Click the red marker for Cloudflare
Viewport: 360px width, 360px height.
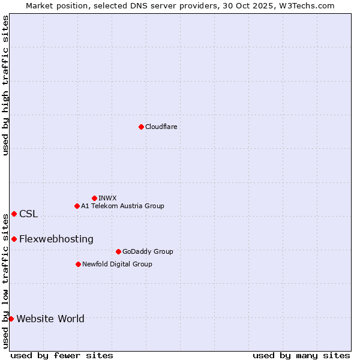(x=141, y=127)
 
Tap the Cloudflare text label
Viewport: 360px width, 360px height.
(x=161, y=127)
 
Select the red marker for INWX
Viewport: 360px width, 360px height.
(x=94, y=198)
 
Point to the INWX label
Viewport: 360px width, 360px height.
(x=107, y=198)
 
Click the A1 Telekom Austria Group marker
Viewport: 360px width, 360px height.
(x=77, y=206)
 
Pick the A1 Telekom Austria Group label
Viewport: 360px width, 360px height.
(x=122, y=206)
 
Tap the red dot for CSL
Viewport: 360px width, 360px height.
(x=14, y=214)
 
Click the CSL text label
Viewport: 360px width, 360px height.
(x=28, y=214)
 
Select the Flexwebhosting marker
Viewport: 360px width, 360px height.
(x=14, y=239)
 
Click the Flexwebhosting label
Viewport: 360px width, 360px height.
(x=56, y=239)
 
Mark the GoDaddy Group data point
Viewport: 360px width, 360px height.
(x=118, y=251)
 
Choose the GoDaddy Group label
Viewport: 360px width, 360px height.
(x=148, y=251)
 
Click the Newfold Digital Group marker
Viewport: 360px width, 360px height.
(x=78, y=264)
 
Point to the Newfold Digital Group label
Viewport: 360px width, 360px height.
(x=117, y=264)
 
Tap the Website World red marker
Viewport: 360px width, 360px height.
(x=11, y=319)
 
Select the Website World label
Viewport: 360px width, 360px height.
(x=50, y=319)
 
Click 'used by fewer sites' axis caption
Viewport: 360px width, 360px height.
(x=62, y=355)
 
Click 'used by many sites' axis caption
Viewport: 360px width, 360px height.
(x=301, y=355)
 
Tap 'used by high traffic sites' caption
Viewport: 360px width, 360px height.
(x=5, y=85)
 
